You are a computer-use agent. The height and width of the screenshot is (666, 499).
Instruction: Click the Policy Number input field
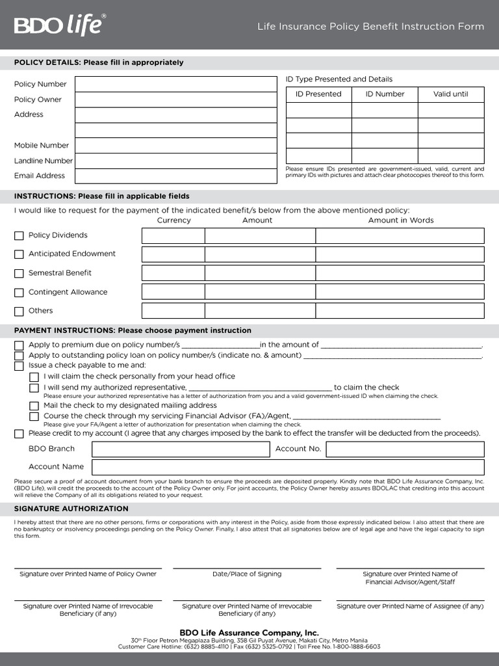click(x=175, y=84)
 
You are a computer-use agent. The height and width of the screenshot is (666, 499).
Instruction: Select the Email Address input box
click(x=175, y=176)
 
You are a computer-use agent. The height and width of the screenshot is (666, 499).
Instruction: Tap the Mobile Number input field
click(x=175, y=145)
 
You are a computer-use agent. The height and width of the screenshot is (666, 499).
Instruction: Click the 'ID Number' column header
click(x=385, y=94)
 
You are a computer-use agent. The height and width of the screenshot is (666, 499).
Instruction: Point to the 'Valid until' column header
click(x=450, y=94)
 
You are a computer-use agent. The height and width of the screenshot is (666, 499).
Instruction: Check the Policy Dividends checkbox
click(x=19, y=236)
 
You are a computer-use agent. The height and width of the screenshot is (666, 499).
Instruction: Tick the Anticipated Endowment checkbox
click(x=19, y=254)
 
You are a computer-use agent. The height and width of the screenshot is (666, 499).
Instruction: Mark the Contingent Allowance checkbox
click(x=19, y=293)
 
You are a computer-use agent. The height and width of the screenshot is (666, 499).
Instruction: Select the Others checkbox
click(x=19, y=312)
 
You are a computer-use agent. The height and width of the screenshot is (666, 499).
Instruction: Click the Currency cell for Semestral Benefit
click(x=173, y=273)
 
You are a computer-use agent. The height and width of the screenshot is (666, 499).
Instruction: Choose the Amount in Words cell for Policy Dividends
click(x=400, y=235)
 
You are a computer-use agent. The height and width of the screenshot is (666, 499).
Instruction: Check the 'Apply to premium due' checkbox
click(x=19, y=345)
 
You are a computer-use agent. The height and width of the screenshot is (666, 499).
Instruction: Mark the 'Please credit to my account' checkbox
click(x=19, y=434)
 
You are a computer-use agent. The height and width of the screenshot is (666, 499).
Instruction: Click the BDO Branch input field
click(x=181, y=449)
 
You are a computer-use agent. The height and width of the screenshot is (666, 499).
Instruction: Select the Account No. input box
click(x=405, y=449)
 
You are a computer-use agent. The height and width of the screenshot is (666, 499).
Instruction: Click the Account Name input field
click(x=288, y=467)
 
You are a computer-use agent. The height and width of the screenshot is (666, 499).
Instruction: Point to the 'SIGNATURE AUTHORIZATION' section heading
click(x=71, y=509)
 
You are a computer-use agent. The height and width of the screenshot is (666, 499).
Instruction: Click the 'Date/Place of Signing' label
click(x=247, y=574)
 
